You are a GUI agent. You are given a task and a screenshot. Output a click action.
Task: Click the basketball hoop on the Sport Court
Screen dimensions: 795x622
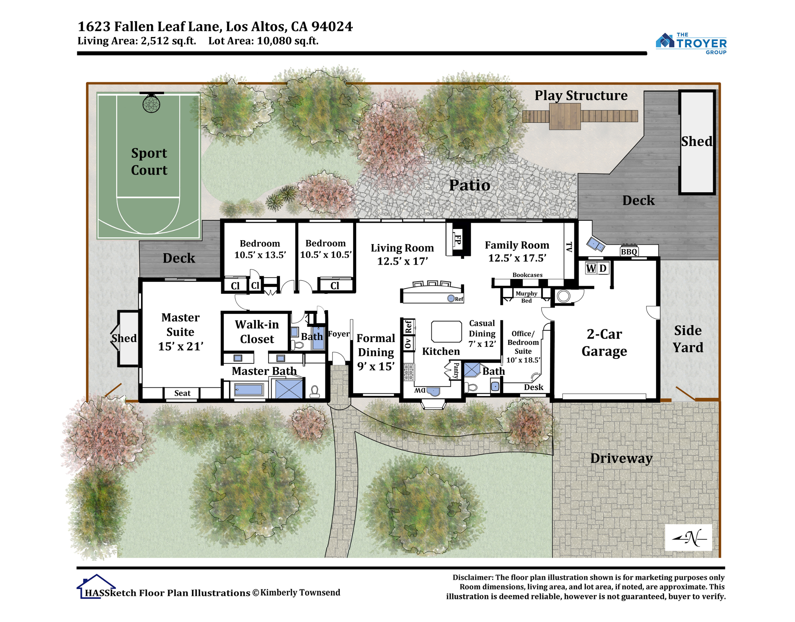151,103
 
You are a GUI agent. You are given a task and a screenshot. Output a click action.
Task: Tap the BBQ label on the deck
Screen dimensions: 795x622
629,252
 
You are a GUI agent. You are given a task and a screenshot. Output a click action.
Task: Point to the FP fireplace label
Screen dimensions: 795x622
457,240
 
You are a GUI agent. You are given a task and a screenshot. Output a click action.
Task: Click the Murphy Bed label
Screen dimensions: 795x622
526,297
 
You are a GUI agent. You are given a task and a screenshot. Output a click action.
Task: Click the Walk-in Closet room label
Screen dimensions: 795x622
257,331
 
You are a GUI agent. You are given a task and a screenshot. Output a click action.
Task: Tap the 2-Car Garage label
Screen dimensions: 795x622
604,342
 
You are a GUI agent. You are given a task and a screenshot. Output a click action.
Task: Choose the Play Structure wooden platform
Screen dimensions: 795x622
565,116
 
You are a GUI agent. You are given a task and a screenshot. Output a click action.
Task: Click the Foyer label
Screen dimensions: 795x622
339,334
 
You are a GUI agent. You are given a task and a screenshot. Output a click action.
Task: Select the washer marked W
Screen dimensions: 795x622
591,268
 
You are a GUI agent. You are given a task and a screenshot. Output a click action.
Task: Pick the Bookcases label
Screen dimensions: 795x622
527,275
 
